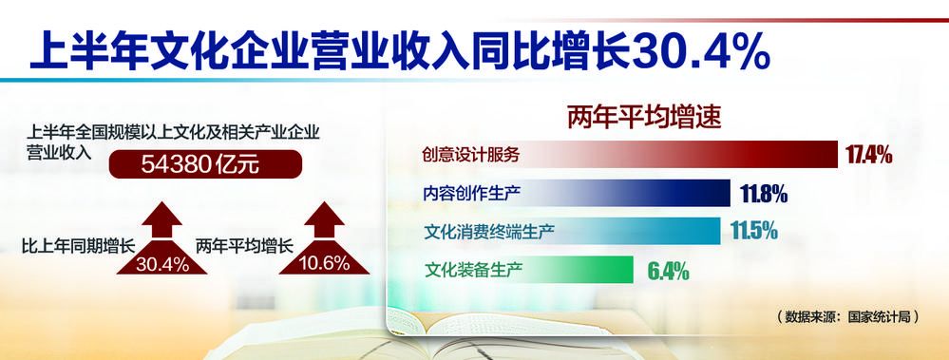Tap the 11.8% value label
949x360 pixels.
coord(764,194)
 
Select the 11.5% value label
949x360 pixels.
coord(754,231)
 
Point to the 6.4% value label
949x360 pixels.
coord(668,271)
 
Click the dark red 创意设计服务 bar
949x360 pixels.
coord(626,155)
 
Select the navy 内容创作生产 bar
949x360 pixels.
coord(573,193)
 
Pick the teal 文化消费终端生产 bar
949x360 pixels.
coord(568,231)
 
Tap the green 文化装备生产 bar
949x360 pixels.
coord(524,269)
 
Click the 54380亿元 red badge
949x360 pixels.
coord(205,164)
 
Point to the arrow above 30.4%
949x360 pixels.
coord(162,220)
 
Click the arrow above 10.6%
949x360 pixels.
coord(324,220)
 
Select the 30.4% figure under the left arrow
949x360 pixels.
coord(161,264)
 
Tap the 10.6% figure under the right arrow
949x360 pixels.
coord(324,264)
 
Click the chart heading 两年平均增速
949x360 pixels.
coord(644,118)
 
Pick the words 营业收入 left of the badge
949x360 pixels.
coord(59,152)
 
